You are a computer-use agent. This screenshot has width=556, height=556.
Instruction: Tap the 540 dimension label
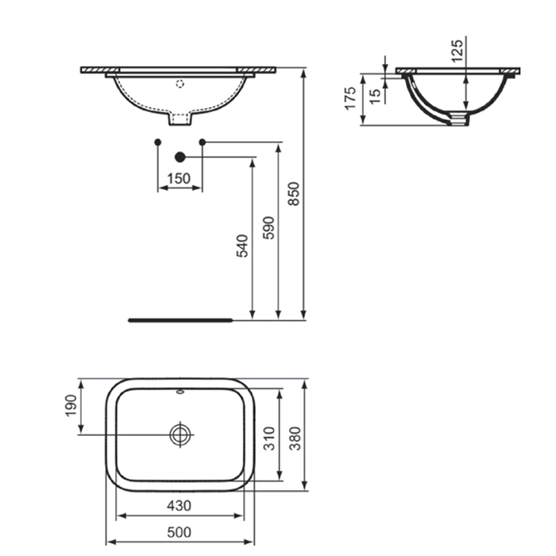pyautogui.click(x=242, y=245)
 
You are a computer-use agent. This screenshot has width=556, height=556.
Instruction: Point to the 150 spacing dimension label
pyautogui.click(x=180, y=179)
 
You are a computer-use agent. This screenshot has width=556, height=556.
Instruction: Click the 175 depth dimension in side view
pyautogui.click(x=350, y=99)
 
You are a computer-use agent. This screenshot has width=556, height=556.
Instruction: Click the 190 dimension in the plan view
pyautogui.click(x=70, y=407)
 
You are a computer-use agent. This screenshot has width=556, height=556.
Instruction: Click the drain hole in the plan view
pyautogui.click(x=180, y=434)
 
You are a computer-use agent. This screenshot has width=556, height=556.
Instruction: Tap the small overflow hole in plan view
pyautogui.click(x=180, y=392)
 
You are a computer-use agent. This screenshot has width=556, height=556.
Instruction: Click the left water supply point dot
pyautogui.click(x=158, y=142)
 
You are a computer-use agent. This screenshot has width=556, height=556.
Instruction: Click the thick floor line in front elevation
pyautogui.click(x=180, y=320)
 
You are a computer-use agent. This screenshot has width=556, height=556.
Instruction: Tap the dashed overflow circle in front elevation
pyautogui.click(x=180, y=82)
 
